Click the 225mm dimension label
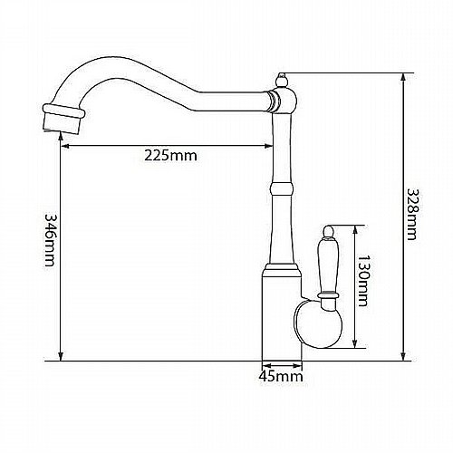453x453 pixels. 170,156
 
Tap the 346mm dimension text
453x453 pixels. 50,240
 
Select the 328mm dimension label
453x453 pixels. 412,214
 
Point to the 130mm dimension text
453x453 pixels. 362,281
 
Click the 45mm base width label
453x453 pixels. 281,376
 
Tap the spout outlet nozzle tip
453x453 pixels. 63,120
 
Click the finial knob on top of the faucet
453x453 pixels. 281,80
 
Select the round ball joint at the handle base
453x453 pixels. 318,324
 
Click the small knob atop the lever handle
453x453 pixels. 328,232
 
